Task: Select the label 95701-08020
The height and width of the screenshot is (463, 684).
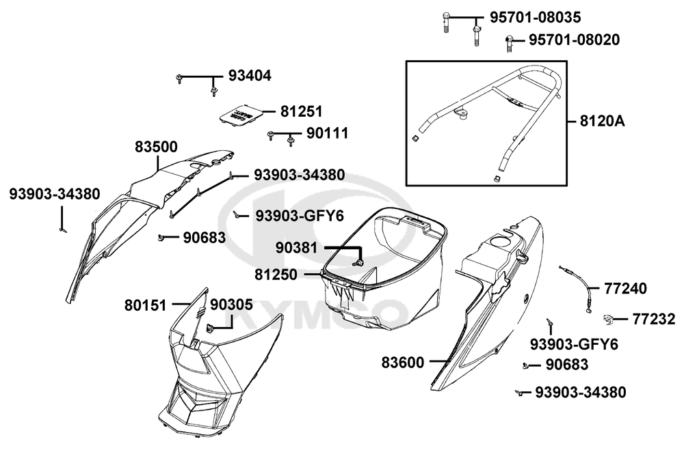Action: (x=574, y=41)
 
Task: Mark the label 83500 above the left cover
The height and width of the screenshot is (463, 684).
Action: (x=157, y=147)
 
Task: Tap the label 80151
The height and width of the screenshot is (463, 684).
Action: (x=146, y=305)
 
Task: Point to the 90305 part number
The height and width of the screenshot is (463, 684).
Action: (x=231, y=305)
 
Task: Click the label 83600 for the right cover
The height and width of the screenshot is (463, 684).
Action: (x=403, y=362)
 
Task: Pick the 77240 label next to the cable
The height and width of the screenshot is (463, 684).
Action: (x=625, y=289)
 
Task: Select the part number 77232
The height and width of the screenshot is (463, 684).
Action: (x=653, y=318)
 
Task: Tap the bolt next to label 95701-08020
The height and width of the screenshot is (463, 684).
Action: (x=510, y=42)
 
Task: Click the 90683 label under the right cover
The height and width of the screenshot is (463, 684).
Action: (x=567, y=365)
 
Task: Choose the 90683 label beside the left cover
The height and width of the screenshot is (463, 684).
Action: (x=204, y=238)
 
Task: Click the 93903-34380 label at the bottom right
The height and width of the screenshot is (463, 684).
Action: (x=581, y=392)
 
